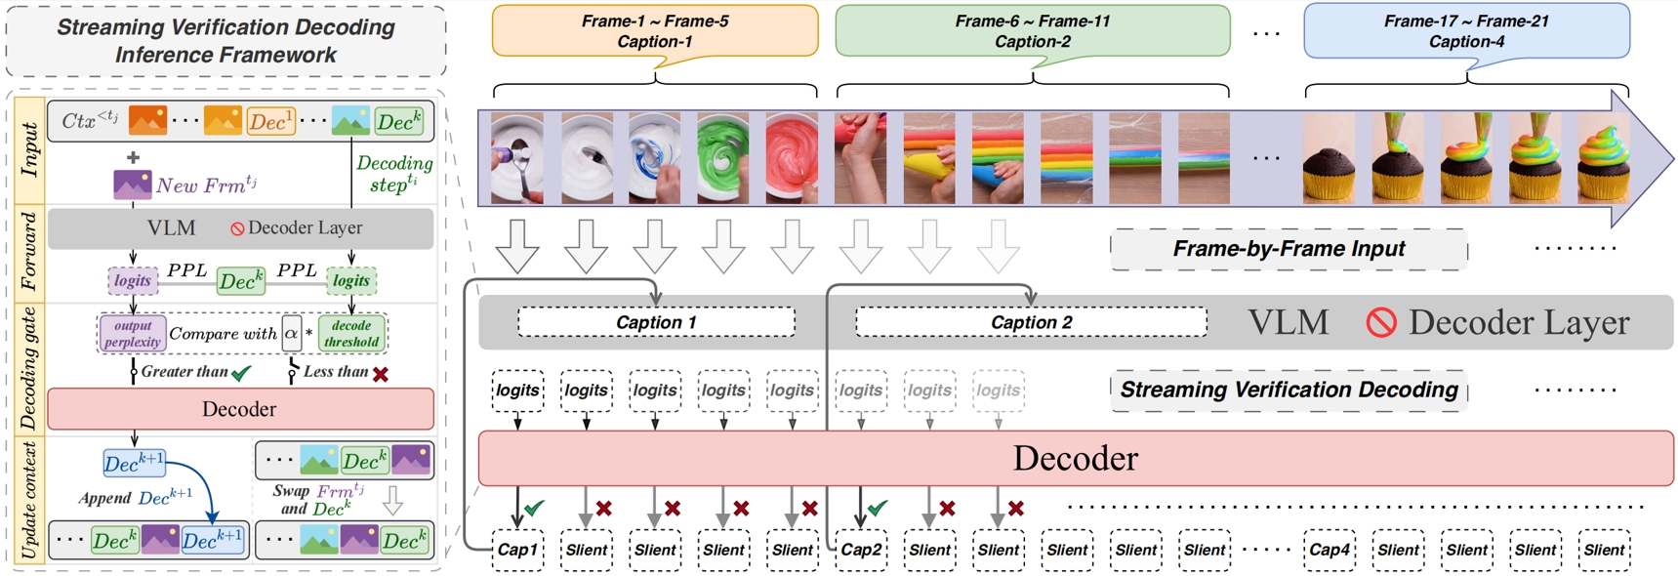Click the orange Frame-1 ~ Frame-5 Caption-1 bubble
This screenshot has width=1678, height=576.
coord(655,31)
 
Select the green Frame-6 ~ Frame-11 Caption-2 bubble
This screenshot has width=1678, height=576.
coord(1032,31)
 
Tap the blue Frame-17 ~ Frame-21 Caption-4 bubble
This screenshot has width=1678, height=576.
coord(1466,31)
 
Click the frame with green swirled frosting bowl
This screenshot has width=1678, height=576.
coord(722,157)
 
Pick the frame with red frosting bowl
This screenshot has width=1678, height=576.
coord(792,157)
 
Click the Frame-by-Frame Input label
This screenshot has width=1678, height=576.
coord(1289,249)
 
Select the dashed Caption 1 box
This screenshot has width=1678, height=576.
coord(656,322)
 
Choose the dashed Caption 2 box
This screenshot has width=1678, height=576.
coord(1031,322)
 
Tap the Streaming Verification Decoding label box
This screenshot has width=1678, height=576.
coord(1289,390)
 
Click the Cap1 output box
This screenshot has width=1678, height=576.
coord(517,551)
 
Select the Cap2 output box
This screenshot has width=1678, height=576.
coord(861,551)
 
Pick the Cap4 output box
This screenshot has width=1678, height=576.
coord(1330,551)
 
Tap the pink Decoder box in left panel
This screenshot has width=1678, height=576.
coord(240,409)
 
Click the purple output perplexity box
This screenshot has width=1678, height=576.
coord(133,334)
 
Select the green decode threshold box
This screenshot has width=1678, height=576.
coord(351,334)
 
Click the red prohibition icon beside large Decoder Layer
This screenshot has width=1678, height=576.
coord(1381,322)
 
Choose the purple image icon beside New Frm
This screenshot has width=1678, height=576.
coord(132,185)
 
